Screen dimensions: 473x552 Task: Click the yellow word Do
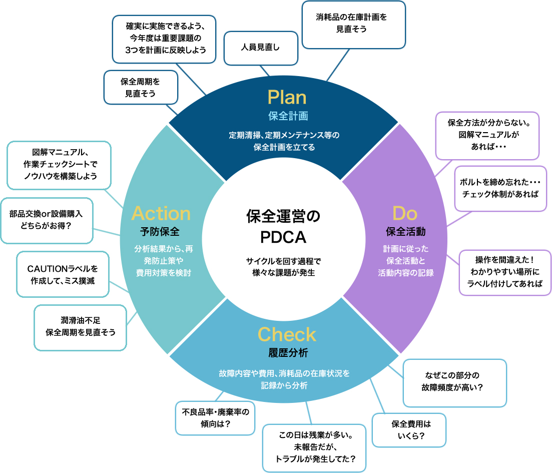tap(405, 213)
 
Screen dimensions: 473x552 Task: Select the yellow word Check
tap(287, 334)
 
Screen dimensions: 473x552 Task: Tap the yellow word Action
tap(161, 213)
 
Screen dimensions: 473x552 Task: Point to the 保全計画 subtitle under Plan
tap(288, 116)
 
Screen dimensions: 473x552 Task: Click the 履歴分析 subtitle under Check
tap(287, 353)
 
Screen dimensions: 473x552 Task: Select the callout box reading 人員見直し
tap(261, 48)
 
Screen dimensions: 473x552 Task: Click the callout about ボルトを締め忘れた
tap(500, 188)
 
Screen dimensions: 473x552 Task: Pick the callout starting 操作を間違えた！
tap(504, 272)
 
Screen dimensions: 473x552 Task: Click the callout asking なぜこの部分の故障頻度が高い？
tap(454, 382)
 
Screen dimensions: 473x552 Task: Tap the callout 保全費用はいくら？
tap(408, 429)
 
